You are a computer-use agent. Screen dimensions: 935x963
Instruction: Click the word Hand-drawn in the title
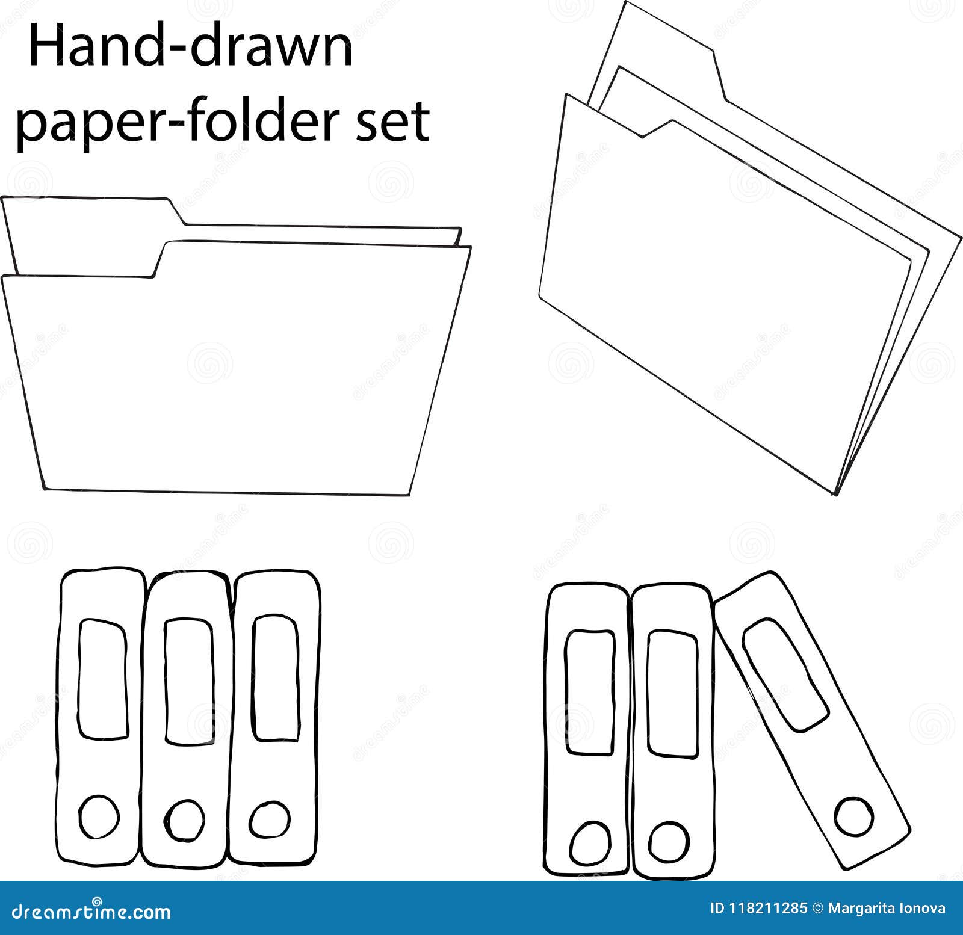(x=190, y=48)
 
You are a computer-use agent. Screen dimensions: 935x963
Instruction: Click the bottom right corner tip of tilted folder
(x=834, y=493)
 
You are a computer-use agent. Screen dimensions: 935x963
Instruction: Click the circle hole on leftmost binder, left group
(x=99, y=817)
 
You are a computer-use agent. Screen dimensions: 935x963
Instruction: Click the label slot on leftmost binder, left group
(x=103, y=679)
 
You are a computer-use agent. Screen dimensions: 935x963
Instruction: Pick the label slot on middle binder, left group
(x=188, y=682)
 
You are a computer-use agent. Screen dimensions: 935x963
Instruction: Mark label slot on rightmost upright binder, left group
(x=276, y=677)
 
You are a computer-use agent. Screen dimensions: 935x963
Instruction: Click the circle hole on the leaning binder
(x=854, y=816)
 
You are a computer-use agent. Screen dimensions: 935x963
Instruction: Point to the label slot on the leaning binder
(x=785, y=674)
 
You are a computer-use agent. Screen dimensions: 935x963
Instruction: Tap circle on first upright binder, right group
(x=590, y=844)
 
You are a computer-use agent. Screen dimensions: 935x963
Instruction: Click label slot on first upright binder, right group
(x=590, y=692)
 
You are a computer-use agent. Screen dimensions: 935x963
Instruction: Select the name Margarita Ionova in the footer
(x=886, y=909)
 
